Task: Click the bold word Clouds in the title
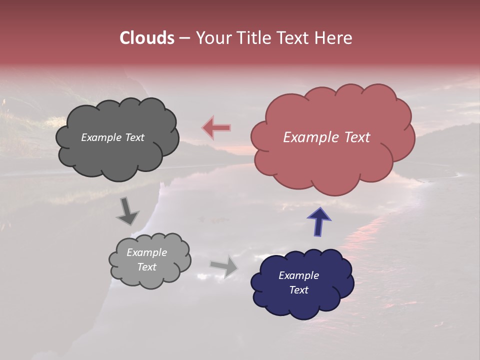pyautogui.click(x=146, y=38)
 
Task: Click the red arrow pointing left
pyautogui.click(x=216, y=128)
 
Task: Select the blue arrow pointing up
pyautogui.click(x=319, y=221)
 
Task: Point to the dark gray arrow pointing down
pyautogui.click(x=127, y=211)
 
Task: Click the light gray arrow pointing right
pyautogui.click(x=224, y=266)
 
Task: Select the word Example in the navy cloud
pyautogui.click(x=298, y=275)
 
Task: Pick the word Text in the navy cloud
pyautogui.click(x=298, y=290)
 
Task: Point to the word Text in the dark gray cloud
pyautogui.click(x=134, y=137)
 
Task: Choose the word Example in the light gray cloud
pyautogui.click(x=146, y=252)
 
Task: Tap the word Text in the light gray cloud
pyautogui.click(x=146, y=267)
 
